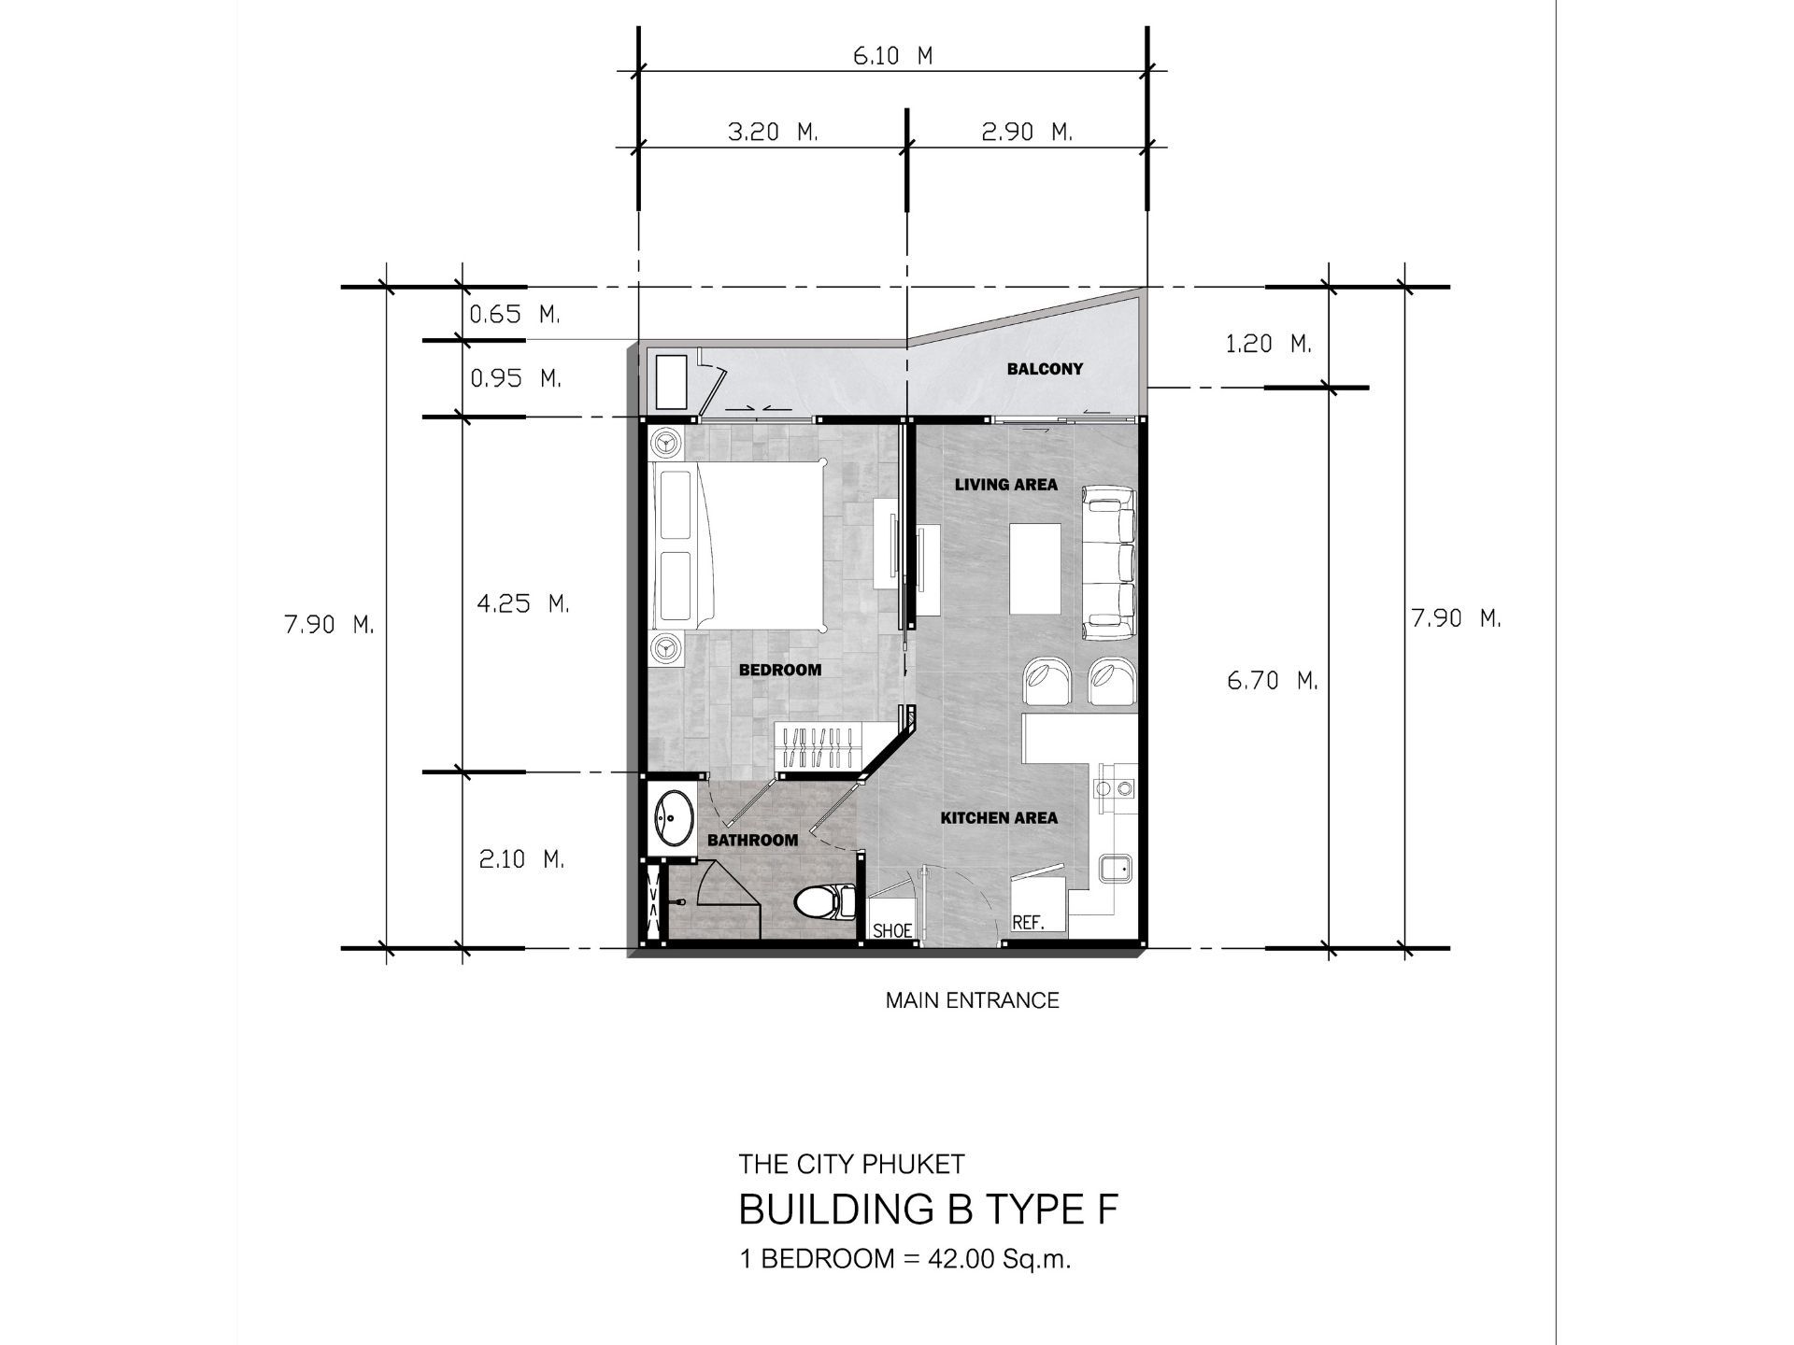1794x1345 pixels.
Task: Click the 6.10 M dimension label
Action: tap(892, 56)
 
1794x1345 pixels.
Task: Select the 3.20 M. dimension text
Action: tap(773, 133)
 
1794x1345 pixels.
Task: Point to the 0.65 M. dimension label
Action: tap(514, 315)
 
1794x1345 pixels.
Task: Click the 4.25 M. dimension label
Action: tap(523, 603)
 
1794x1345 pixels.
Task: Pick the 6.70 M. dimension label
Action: tap(1273, 681)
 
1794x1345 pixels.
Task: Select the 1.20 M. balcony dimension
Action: tap(1269, 345)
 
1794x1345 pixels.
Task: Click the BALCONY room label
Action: tap(1045, 369)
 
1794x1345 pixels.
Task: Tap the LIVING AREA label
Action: tap(1006, 484)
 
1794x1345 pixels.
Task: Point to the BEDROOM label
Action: tap(780, 670)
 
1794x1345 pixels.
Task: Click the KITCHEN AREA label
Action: tap(999, 818)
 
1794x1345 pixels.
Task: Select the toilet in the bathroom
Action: tap(825, 902)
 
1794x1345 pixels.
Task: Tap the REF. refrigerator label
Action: tap(1028, 923)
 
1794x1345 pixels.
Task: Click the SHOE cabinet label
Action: tap(892, 931)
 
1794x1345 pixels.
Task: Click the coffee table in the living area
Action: tap(1035, 568)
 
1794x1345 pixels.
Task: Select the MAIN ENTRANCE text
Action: tap(973, 1000)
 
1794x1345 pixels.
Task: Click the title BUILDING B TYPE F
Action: tap(928, 1210)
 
